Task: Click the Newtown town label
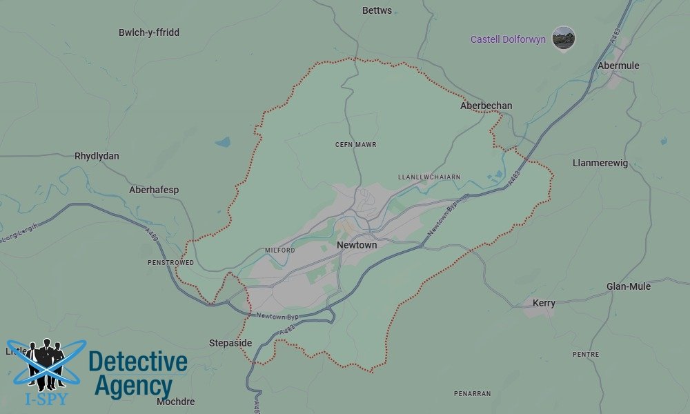click(357, 245)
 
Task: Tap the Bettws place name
click(377, 10)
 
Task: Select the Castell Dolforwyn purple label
click(508, 39)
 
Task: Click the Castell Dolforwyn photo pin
click(564, 38)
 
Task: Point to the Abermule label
click(619, 66)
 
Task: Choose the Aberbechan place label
click(486, 106)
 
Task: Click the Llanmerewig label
click(600, 163)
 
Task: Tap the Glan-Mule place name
click(628, 286)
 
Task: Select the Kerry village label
click(544, 304)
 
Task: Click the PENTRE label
click(586, 354)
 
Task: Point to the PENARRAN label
click(472, 393)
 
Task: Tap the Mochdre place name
click(176, 402)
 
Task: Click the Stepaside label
click(230, 343)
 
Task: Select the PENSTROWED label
click(170, 263)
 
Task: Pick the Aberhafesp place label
click(154, 190)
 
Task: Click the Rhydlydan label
click(97, 156)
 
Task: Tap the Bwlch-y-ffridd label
click(149, 32)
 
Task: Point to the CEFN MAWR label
click(355, 144)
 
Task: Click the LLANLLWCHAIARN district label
click(429, 177)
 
